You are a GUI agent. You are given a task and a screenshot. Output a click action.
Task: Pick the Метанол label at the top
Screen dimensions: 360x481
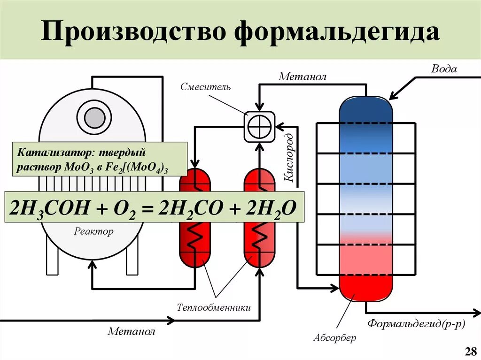click(302, 76)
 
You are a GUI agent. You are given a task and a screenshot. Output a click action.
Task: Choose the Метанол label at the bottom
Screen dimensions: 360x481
click(131, 332)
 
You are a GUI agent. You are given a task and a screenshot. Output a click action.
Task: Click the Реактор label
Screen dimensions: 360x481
click(93, 231)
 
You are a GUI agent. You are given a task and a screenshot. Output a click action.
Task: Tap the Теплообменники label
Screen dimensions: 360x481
click(214, 308)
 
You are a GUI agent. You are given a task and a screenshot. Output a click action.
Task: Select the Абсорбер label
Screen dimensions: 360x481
click(334, 337)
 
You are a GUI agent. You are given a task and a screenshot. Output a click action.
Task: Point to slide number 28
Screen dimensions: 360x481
click(470, 351)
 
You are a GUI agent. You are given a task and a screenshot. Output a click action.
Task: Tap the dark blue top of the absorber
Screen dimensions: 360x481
click(365, 110)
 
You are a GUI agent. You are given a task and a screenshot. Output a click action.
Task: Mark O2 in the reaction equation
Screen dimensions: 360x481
click(128, 208)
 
